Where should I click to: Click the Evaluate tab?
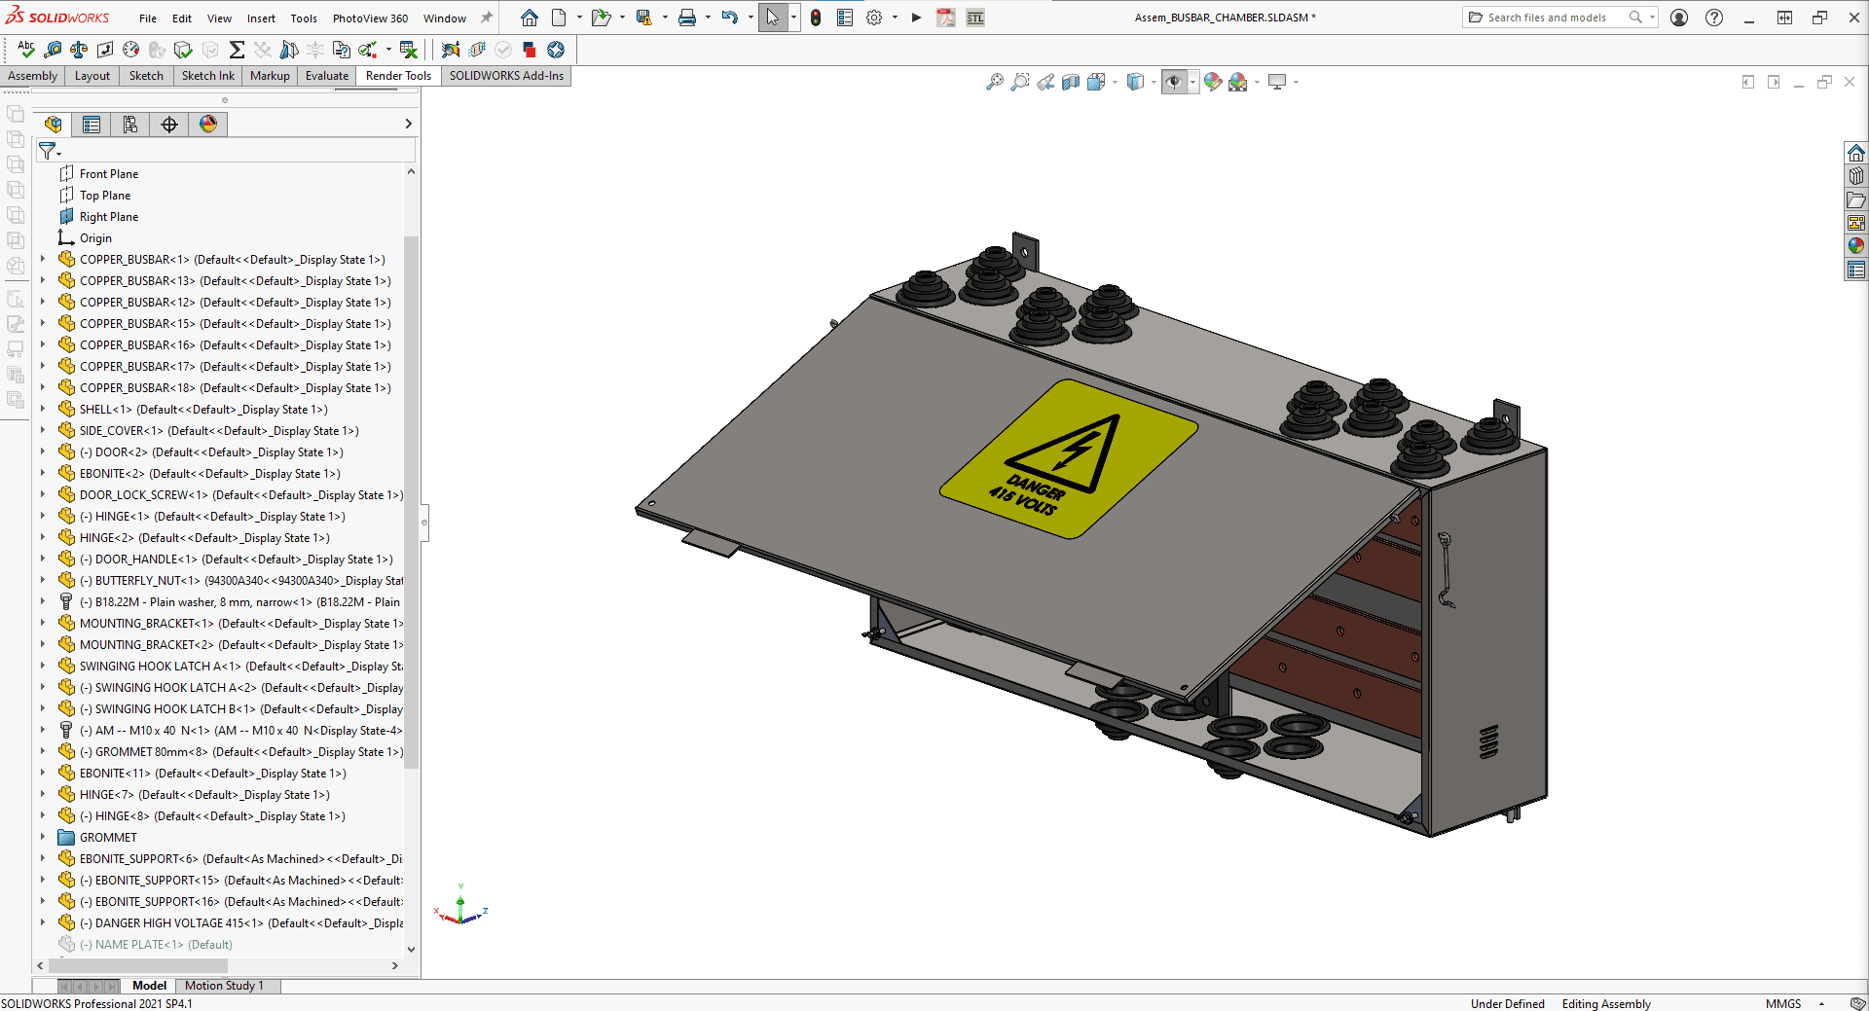pyautogui.click(x=326, y=76)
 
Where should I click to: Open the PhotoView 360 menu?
pyautogui.click(x=370, y=18)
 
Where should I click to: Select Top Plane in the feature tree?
pyautogui.click(x=104, y=196)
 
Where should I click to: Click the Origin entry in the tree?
pyautogui.click(x=95, y=238)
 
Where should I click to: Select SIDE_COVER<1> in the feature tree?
pyautogui.click(x=121, y=431)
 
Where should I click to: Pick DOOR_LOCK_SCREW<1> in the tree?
pyautogui.click(x=143, y=495)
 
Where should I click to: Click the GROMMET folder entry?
pyautogui.click(x=108, y=838)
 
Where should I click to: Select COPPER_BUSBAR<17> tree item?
pyautogui.click(x=136, y=367)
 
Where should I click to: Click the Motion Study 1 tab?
pyautogui.click(x=224, y=986)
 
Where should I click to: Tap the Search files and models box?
pyautogui.click(x=1547, y=18)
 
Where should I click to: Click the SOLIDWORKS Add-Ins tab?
pyautogui.click(x=505, y=76)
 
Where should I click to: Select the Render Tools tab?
pyautogui.click(x=398, y=76)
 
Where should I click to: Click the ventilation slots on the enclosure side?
pyautogui.click(x=1488, y=741)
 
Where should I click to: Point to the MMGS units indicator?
pyautogui.click(x=1782, y=1004)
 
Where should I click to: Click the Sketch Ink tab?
pyautogui.click(x=207, y=76)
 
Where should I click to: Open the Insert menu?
pyautogui.click(x=260, y=18)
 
